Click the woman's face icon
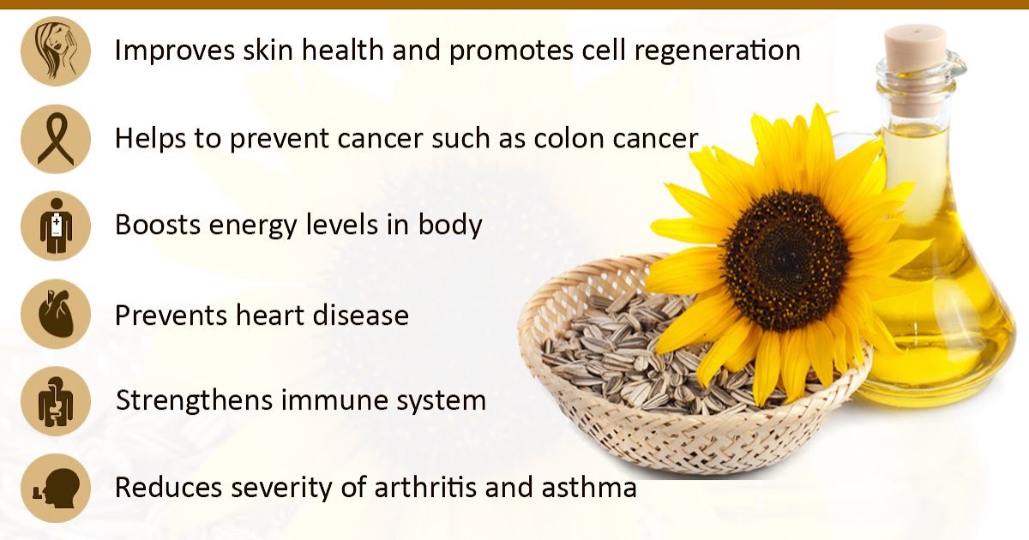57,51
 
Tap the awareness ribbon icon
57,138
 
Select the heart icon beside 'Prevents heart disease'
57,315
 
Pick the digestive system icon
57,401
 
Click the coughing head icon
57,489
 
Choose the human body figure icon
57,226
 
